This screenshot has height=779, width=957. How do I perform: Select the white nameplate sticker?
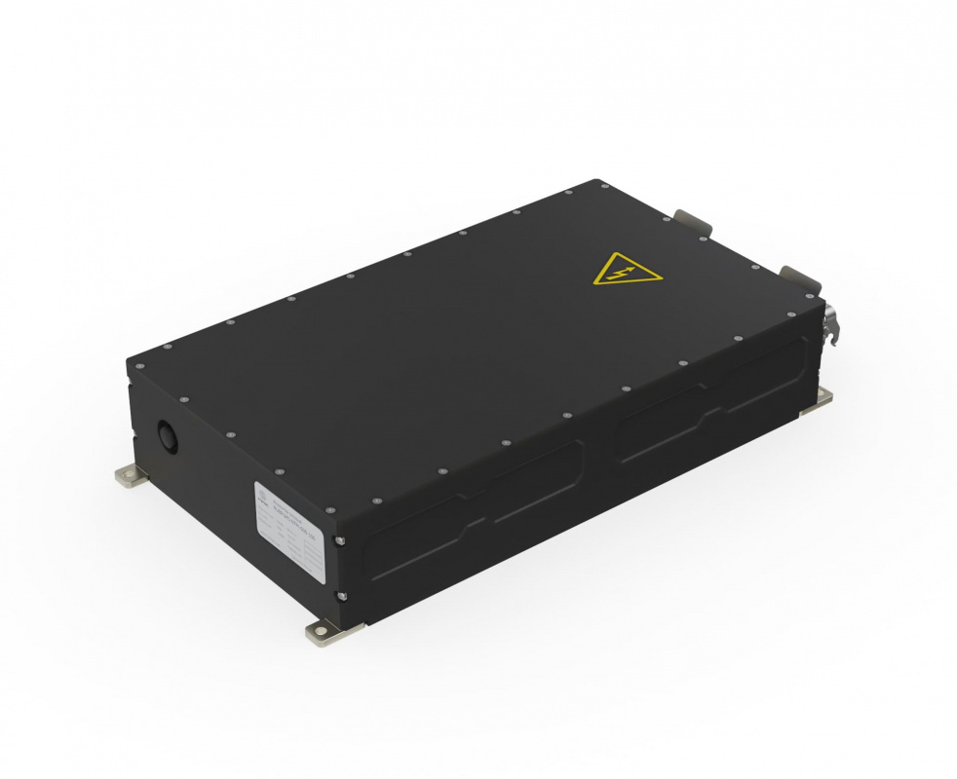tap(290, 530)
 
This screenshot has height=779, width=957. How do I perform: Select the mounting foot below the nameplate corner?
tap(325, 631)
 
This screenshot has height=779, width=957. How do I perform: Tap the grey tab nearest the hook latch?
tap(796, 277)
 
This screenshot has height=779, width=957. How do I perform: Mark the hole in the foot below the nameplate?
tap(321, 633)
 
